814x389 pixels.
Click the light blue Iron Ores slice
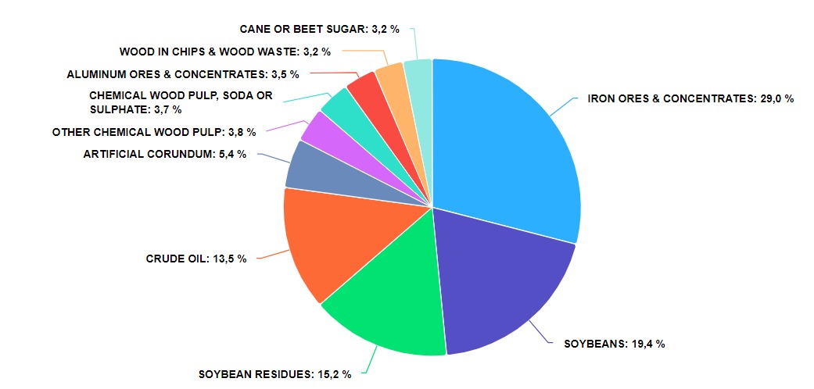pos(508,148)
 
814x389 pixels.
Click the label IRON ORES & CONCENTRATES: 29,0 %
pos(690,99)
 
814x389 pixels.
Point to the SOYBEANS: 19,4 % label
pos(615,344)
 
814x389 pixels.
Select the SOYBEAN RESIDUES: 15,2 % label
pos(274,374)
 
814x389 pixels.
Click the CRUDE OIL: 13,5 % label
pos(196,259)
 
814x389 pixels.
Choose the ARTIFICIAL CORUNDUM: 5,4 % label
pos(164,154)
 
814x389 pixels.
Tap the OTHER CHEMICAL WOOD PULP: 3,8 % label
pos(153,132)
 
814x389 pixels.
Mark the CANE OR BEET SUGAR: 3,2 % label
pos(319,29)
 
